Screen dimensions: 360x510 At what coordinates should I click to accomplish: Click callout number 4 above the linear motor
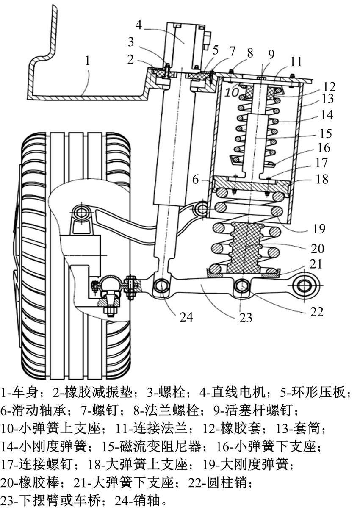138,25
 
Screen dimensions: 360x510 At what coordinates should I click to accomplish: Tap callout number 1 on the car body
87,61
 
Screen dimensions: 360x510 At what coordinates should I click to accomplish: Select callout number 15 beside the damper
325,133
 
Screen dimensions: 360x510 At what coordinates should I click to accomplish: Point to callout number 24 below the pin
186,317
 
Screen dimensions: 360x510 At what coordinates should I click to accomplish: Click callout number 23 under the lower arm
246,317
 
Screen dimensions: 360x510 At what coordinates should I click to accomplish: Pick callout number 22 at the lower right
317,311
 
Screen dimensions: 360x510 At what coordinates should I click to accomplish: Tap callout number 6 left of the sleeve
196,180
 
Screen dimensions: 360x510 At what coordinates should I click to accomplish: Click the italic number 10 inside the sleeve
232,92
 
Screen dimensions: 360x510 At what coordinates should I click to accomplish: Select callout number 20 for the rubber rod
317,248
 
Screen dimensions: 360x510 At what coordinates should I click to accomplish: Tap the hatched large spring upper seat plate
250,184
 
